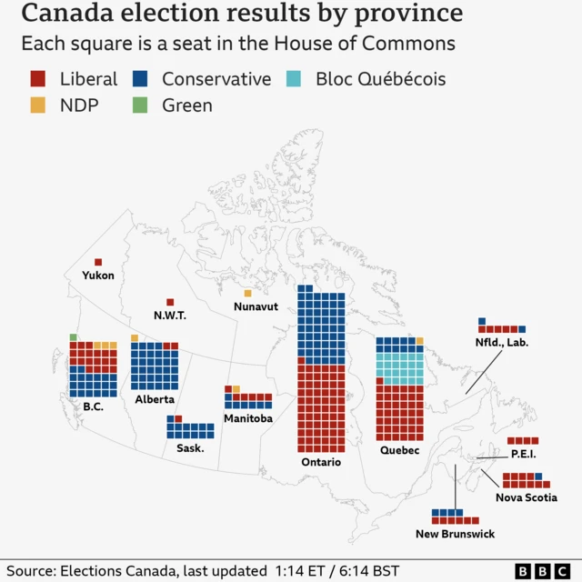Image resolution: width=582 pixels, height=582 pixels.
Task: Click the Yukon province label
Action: (x=98, y=276)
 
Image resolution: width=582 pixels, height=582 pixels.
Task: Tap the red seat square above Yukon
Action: (x=98, y=262)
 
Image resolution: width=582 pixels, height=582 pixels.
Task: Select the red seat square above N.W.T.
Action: (x=170, y=302)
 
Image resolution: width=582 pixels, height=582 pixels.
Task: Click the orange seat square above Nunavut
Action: (x=247, y=293)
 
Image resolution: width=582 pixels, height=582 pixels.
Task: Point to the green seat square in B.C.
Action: (x=73, y=337)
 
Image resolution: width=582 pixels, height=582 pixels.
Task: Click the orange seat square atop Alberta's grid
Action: (x=135, y=338)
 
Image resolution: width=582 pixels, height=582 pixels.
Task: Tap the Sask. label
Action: (x=190, y=447)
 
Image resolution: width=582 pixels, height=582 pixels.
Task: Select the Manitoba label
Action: (x=248, y=418)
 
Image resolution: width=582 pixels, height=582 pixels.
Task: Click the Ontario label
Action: (x=321, y=462)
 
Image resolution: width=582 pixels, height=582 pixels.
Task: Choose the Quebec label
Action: (x=399, y=450)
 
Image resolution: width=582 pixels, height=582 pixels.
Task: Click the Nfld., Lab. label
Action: (x=502, y=343)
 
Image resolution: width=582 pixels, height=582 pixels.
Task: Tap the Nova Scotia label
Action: (x=527, y=497)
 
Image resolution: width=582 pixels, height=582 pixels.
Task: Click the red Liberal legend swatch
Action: (x=37, y=79)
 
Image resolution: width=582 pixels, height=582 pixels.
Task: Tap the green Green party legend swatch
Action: (x=140, y=105)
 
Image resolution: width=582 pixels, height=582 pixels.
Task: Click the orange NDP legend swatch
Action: (x=37, y=105)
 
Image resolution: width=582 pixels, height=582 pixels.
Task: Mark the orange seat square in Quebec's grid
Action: (x=419, y=341)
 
